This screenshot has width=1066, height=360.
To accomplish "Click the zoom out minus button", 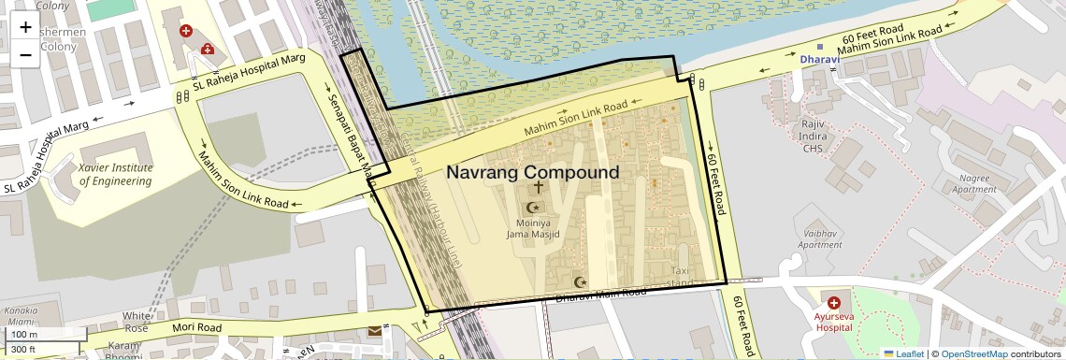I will pyautogui.click(x=25, y=54).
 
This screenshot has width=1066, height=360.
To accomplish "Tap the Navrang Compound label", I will pyautogui.click(x=532, y=173).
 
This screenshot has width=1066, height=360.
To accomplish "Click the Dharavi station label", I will pyautogui.click(x=821, y=60).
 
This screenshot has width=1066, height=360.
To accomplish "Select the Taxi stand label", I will pyautogui.click(x=682, y=276).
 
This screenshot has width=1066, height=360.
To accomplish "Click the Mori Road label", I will pyautogui.click(x=196, y=327).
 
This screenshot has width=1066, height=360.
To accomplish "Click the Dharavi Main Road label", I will pyautogui.click(x=601, y=294).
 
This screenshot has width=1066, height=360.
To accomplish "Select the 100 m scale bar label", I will pyautogui.click(x=23, y=335).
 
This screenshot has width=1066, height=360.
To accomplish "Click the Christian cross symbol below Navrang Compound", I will pyautogui.click(x=539, y=187).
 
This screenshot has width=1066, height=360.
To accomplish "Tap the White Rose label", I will pyautogui.click(x=137, y=322).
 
